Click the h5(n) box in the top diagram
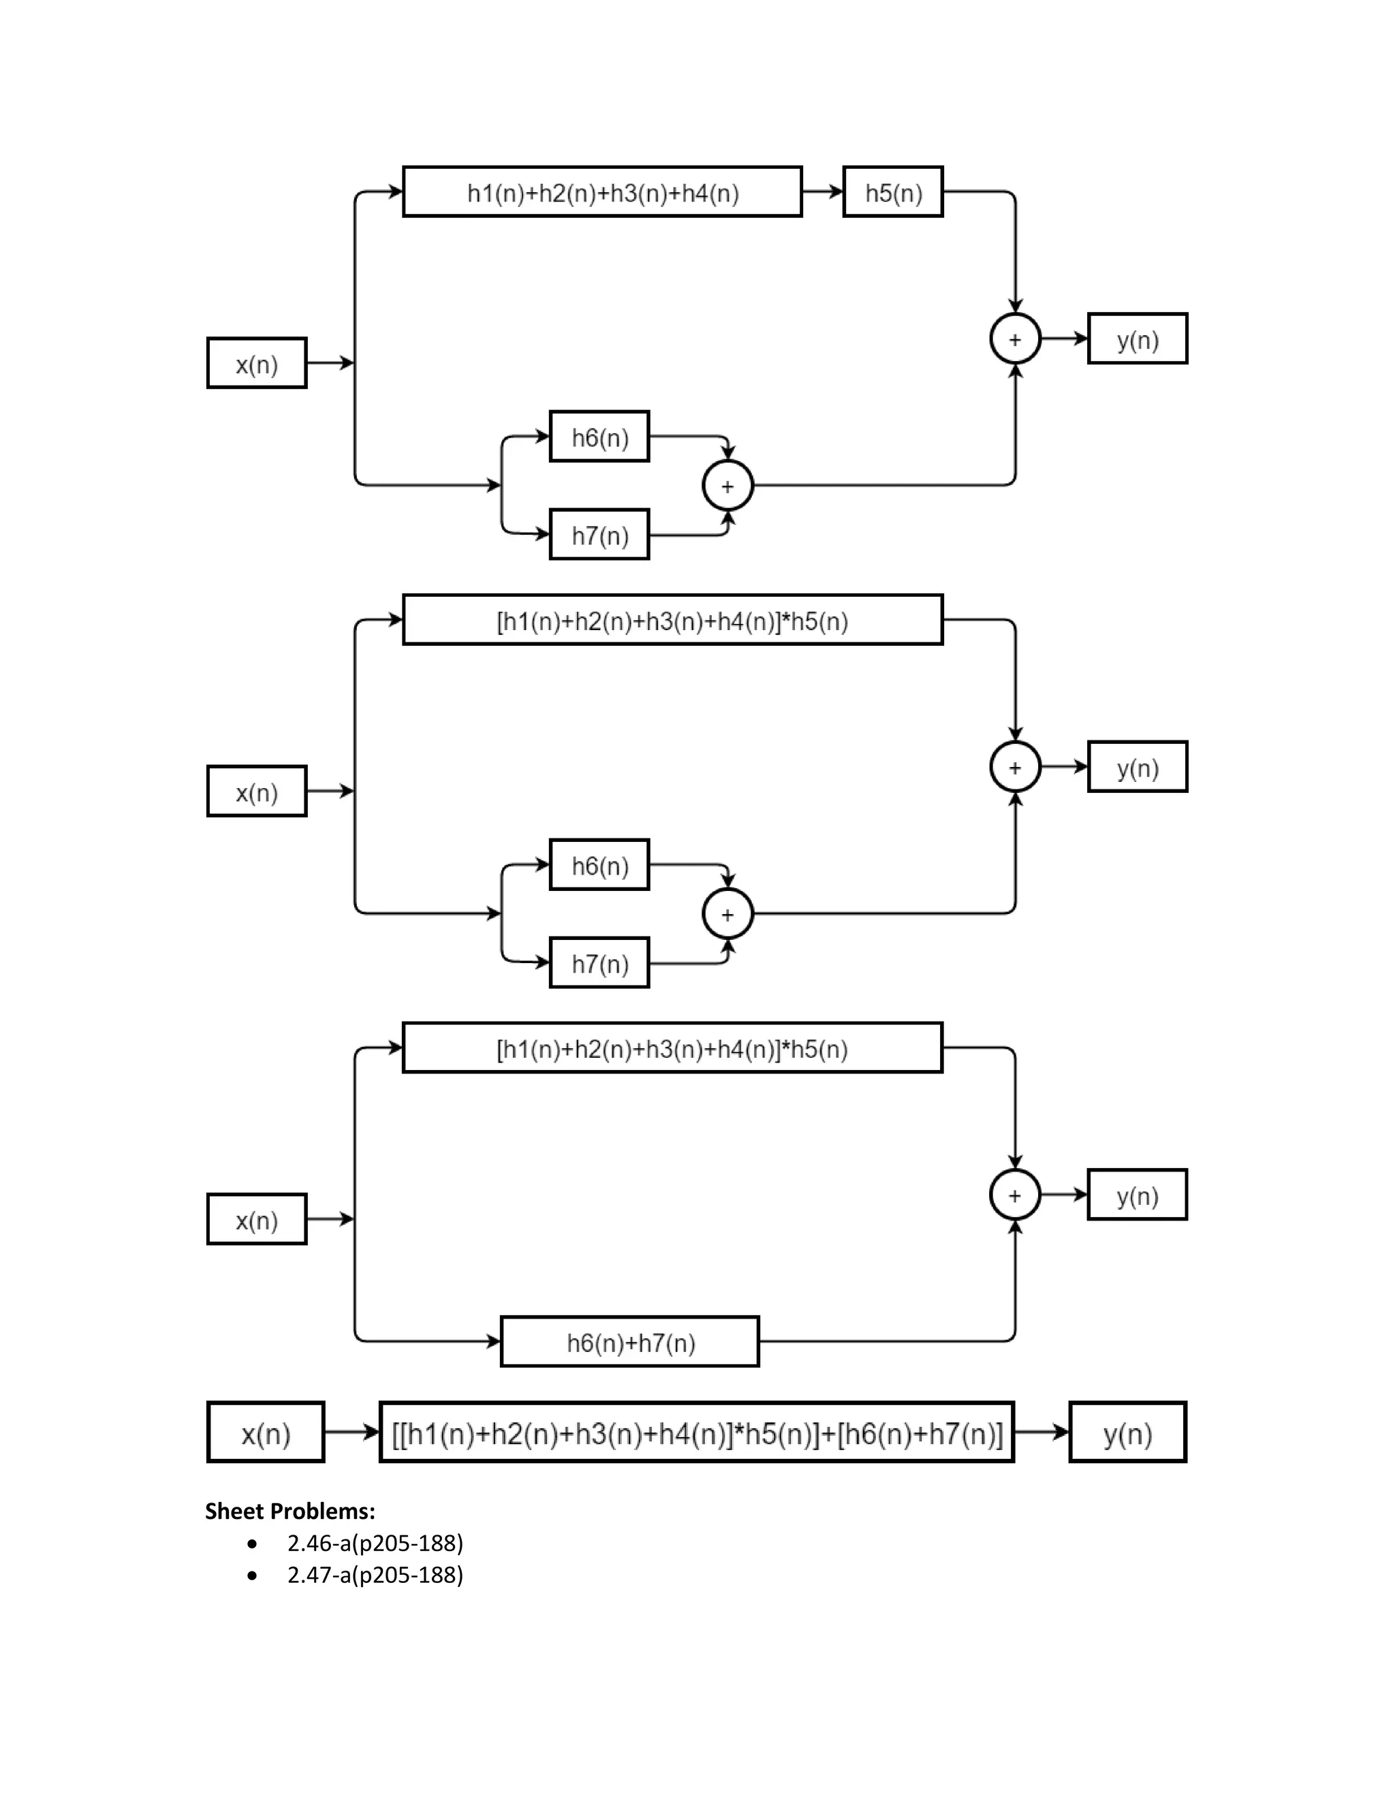tap(892, 192)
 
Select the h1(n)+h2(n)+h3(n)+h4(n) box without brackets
tap(602, 192)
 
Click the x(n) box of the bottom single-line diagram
tap(265, 1433)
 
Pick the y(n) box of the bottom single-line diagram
tap(1127, 1433)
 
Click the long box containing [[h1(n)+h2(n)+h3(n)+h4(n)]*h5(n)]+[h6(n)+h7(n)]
tap(697, 1433)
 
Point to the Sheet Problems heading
tap(290, 1511)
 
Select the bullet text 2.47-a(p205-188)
tap(375, 1575)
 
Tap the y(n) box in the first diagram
tap(1137, 339)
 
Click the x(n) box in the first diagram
tap(256, 363)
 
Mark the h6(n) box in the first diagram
tap(599, 437)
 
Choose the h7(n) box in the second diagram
tap(599, 963)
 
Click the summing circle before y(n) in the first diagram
tap(1015, 339)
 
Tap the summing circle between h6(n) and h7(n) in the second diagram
tap(727, 914)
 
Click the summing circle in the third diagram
tap(1015, 1195)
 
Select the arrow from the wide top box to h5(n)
tap(822, 192)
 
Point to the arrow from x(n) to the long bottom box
tap(351, 1432)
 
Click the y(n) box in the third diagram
tap(1137, 1195)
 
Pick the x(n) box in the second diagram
tap(256, 791)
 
